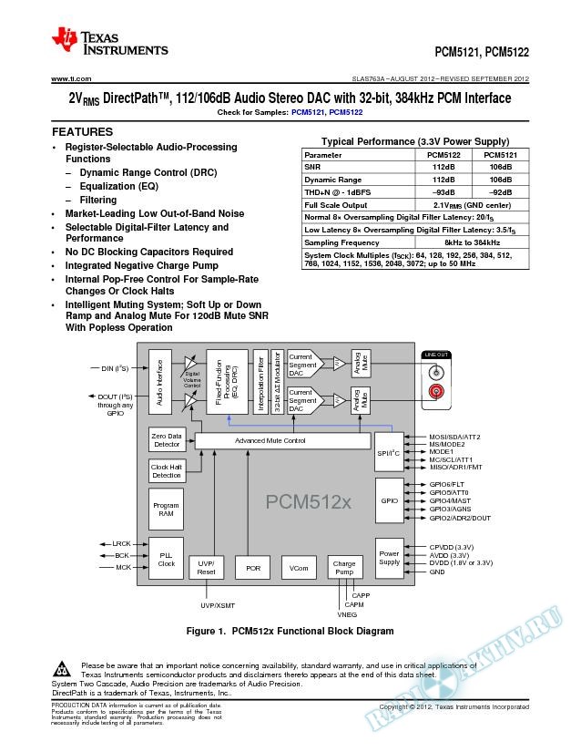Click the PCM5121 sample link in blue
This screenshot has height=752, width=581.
click(x=309, y=113)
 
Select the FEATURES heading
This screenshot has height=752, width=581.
click(x=81, y=132)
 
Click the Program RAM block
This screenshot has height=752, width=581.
click(x=166, y=510)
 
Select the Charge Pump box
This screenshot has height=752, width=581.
click(x=344, y=568)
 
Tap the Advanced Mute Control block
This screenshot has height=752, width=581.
click(x=270, y=440)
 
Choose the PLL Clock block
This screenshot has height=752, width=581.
click(x=166, y=560)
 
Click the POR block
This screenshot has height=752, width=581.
click(x=252, y=568)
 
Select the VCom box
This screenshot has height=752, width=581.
click(x=298, y=568)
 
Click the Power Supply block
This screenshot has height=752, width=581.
click(x=389, y=557)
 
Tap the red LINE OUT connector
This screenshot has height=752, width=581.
click(x=435, y=392)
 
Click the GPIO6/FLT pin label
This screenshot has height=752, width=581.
click(x=446, y=484)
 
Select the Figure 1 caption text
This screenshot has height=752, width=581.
click(x=289, y=631)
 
